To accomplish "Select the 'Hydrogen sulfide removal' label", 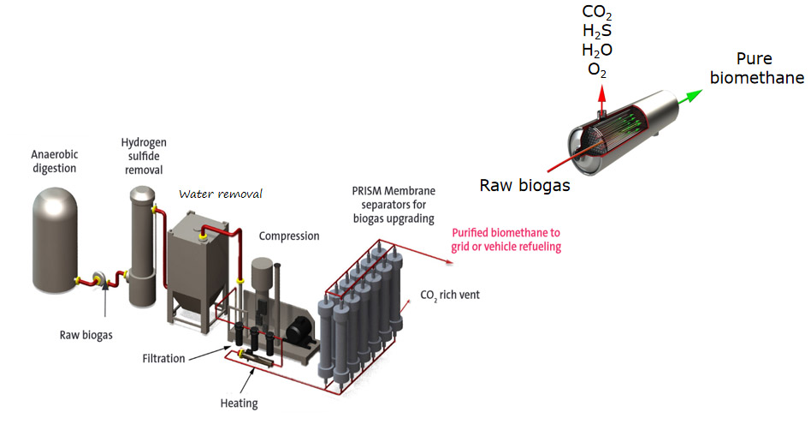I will click(x=143, y=153).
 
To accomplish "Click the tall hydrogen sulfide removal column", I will click(x=143, y=248).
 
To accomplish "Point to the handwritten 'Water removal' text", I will click(x=220, y=194).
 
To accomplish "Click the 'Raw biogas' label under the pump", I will click(x=86, y=335).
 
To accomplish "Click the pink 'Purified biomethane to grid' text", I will click(x=506, y=239).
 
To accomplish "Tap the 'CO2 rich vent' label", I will click(x=450, y=296).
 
